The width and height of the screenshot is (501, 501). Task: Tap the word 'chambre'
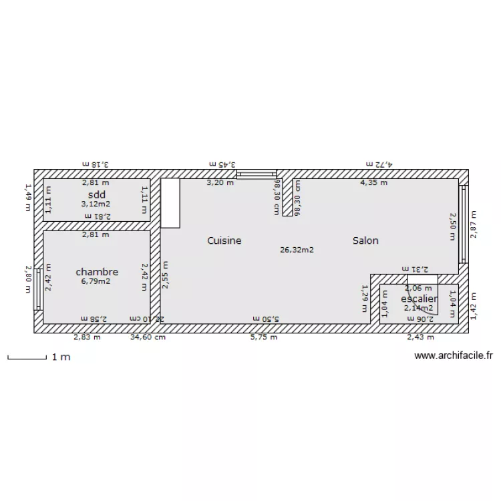(x=97, y=272)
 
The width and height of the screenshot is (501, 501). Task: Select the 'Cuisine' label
(x=224, y=240)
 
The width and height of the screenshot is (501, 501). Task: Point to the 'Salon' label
(x=365, y=240)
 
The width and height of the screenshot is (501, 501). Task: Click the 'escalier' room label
(x=419, y=299)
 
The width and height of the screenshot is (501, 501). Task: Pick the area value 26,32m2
(x=297, y=250)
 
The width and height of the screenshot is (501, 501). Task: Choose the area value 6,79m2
(x=96, y=281)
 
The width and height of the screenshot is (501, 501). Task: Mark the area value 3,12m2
(x=96, y=204)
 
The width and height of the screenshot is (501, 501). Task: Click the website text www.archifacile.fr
(x=454, y=357)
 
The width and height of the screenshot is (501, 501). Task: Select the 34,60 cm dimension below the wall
(x=147, y=337)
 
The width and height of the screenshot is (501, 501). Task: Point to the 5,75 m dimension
(x=263, y=337)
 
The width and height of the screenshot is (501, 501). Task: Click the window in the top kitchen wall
(x=257, y=174)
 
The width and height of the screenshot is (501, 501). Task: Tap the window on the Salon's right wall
(x=463, y=224)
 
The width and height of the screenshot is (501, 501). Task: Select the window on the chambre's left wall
(x=38, y=289)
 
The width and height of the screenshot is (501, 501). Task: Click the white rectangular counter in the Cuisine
(x=170, y=203)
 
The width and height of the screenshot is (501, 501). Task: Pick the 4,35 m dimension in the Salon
(x=373, y=182)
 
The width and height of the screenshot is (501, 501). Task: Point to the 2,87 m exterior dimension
(x=473, y=224)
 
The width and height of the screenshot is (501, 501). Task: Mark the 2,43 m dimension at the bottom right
(x=420, y=337)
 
